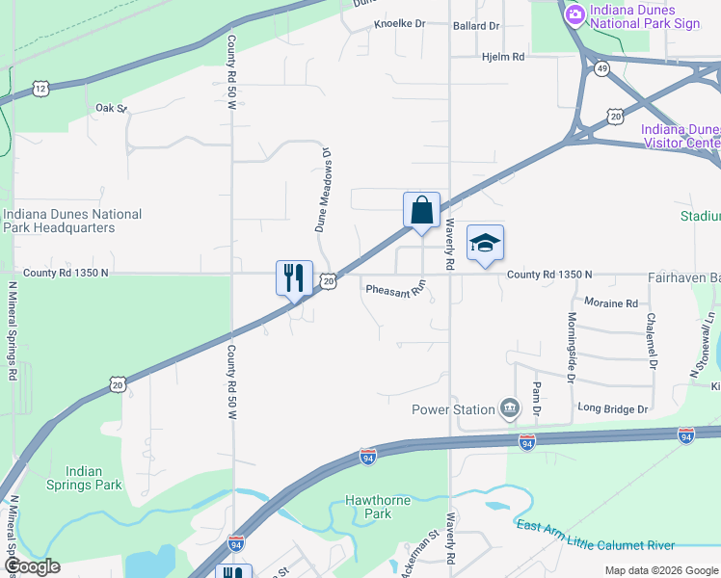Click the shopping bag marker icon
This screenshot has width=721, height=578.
(421, 211)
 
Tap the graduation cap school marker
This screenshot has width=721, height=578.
(485, 244)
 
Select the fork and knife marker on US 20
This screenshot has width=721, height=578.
(294, 278)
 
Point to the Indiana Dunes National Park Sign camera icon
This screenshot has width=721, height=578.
(575, 13)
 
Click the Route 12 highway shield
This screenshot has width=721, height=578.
(40, 89)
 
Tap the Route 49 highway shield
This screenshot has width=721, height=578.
(601, 69)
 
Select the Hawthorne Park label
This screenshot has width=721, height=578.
(377, 507)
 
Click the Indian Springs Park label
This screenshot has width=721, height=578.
(85, 478)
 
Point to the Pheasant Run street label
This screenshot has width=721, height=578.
(395, 289)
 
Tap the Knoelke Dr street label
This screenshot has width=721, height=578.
(399, 25)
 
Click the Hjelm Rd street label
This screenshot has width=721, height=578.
(502, 58)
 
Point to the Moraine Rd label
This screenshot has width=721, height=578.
(611, 303)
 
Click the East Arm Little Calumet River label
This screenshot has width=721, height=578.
(595, 536)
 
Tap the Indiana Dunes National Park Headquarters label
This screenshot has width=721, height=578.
(72, 221)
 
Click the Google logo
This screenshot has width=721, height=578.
(32, 566)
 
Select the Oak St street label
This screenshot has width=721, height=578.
(111, 108)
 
